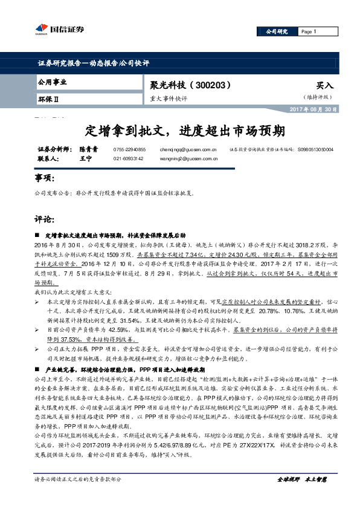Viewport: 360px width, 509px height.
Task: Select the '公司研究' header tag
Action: [x=277, y=31]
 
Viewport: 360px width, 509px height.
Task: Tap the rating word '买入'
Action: [x=324, y=86]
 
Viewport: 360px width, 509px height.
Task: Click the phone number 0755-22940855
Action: [x=129, y=149]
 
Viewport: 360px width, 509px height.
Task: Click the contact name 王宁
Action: [x=85, y=158]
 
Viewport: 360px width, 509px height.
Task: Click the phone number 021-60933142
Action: [x=129, y=158]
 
